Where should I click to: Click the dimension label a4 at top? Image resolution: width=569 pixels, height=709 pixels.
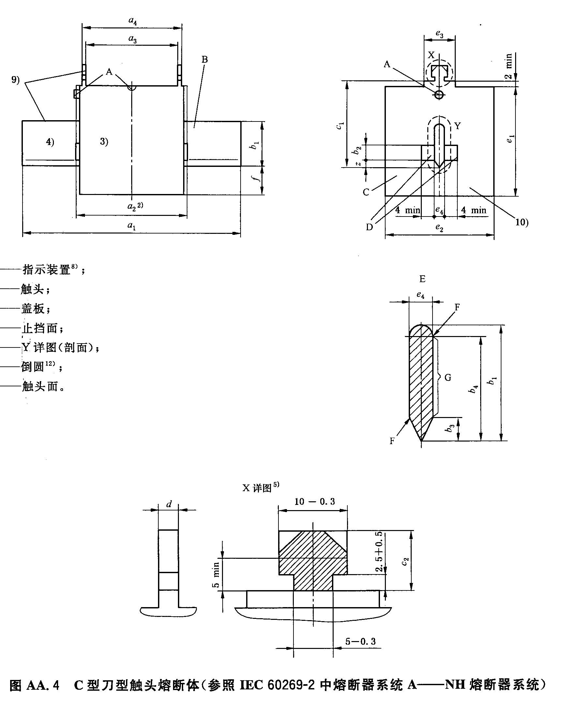(x=133, y=21)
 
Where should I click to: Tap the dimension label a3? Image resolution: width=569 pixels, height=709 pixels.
(x=133, y=39)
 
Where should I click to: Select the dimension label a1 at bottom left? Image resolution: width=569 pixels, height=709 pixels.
(x=132, y=226)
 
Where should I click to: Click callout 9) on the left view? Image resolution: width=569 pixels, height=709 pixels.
(x=15, y=80)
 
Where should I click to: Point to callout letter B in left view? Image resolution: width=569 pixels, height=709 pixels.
(x=204, y=59)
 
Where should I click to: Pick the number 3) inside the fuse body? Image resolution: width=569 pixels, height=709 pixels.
(x=104, y=141)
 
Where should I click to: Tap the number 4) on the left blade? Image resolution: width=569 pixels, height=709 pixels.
(x=50, y=142)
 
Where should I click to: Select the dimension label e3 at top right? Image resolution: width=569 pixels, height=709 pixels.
(x=439, y=34)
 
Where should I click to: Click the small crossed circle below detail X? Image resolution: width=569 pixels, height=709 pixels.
(x=439, y=95)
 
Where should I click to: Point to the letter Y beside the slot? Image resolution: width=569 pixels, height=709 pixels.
(x=457, y=126)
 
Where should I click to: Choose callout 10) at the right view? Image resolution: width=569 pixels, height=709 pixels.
(x=522, y=222)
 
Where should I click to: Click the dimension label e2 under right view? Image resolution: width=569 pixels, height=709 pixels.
(x=439, y=227)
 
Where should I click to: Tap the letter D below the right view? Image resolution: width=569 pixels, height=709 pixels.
(x=370, y=227)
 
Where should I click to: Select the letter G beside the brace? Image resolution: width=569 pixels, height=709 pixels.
(x=448, y=378)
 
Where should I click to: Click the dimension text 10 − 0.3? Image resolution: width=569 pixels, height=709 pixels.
(x=314, y=502)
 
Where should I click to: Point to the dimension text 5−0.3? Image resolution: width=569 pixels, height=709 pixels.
(x=360, y=641)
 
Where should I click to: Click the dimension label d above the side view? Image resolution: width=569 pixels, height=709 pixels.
(x=169, y=505)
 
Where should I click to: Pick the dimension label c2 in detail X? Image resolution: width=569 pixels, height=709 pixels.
(x=405, y=561)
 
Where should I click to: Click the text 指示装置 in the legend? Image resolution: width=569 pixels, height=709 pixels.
(x=46, y=270)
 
